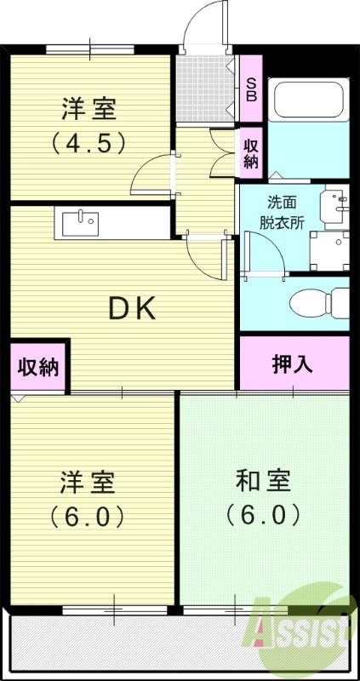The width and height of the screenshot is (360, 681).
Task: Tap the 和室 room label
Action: click(263, 481)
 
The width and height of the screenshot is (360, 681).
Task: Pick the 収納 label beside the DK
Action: click(39, 368)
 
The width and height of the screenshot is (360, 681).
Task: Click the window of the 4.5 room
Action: click(89, 49)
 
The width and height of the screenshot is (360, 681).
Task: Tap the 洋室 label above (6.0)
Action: click(88, 481)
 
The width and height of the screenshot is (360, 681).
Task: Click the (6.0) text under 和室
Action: click(263, 515)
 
